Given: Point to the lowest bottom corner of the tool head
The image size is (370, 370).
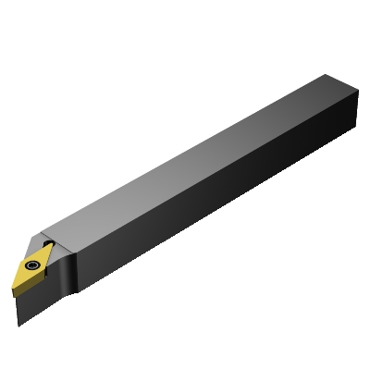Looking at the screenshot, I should (18, 325).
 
